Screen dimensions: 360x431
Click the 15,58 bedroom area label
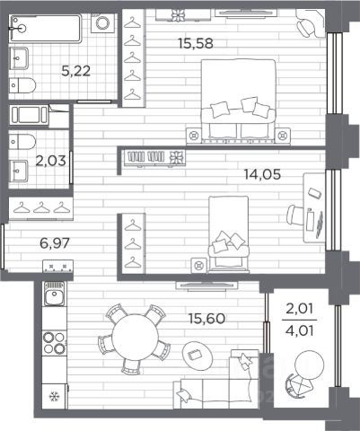[x=196, y=44]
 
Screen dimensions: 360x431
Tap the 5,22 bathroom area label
[x=76, y=71]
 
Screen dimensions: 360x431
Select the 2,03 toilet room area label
[x=50, y=161]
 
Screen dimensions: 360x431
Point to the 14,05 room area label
[x=262, y=174]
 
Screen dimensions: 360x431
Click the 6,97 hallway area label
[x=55, y=242]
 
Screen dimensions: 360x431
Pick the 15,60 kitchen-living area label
[x=207, y=319]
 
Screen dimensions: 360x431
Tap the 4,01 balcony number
[x=300, y=331]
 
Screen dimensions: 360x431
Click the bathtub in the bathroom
[x=46, y=29]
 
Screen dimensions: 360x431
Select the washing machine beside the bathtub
[x=103, y=22]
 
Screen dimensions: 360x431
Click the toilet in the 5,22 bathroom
[x=22, y=85]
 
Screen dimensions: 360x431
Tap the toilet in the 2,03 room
[x=22, y=142]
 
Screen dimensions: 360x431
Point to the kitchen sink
[x=54, y=294]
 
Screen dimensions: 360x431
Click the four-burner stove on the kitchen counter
[x=54, y=343]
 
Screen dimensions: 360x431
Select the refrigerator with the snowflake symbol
[x=55, y=396]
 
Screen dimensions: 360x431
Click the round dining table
[x=135, y=337]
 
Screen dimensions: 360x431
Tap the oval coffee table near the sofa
[x=198, y=356]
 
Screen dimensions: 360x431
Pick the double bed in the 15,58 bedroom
[x=238, y=101]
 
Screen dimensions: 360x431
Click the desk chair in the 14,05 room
[x=295, y=215]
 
